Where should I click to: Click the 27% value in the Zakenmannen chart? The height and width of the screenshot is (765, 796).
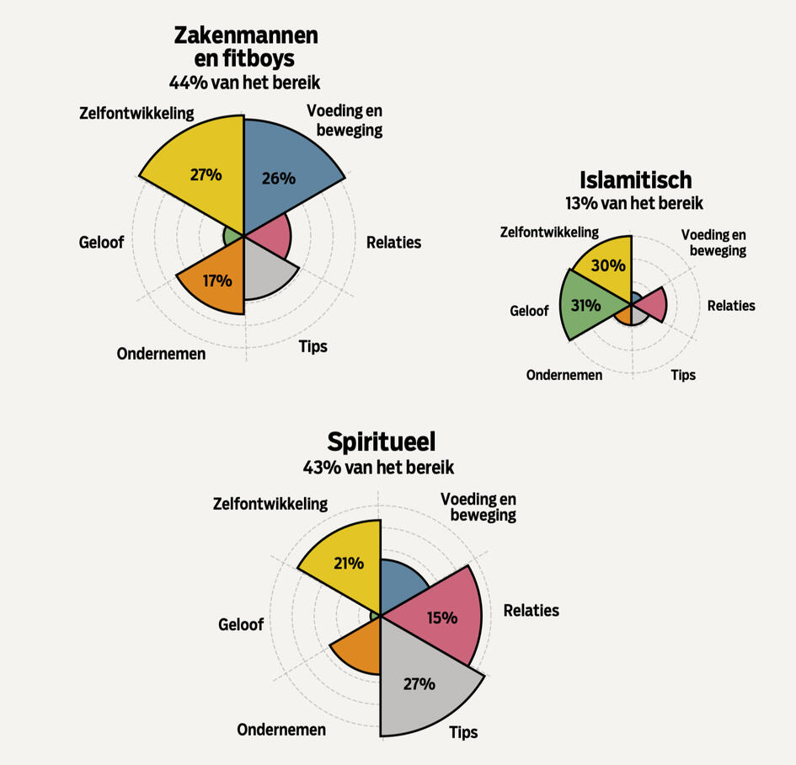coord(206,175)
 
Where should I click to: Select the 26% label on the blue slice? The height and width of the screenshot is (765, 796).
coord(279,178)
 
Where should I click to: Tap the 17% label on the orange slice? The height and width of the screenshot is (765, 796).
coord(216,281)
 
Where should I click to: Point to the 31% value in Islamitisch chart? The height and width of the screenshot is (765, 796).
coord(585,305)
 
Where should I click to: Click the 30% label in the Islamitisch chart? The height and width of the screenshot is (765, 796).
coord(608,265)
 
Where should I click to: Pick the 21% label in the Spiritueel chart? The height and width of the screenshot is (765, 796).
coord(348,563)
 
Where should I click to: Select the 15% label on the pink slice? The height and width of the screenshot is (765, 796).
coord(441,618)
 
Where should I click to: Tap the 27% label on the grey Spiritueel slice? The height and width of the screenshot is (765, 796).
coord(419,683)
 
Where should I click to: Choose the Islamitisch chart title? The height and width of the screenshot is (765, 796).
coord(635,179)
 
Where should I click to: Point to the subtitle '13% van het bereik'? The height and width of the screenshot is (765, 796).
coord(634,203)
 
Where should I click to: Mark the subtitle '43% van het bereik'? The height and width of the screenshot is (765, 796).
coord(378,467)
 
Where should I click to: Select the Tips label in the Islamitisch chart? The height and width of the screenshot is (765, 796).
coord(683,374)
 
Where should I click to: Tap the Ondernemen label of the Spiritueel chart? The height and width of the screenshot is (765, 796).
coord(281,730)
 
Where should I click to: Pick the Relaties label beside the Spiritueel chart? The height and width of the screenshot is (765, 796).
coord(531,610)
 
